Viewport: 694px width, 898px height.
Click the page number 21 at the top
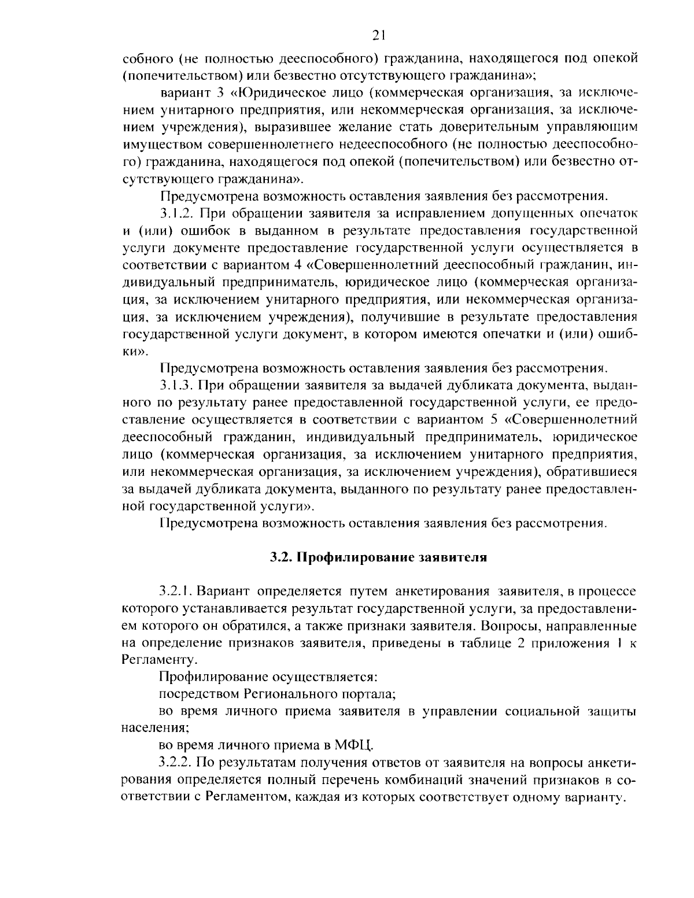coord(379,36)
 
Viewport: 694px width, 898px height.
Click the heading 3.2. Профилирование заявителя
coord(379,558)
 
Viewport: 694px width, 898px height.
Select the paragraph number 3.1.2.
coord(176,213)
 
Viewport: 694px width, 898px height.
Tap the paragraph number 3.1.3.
coord(176,385)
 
